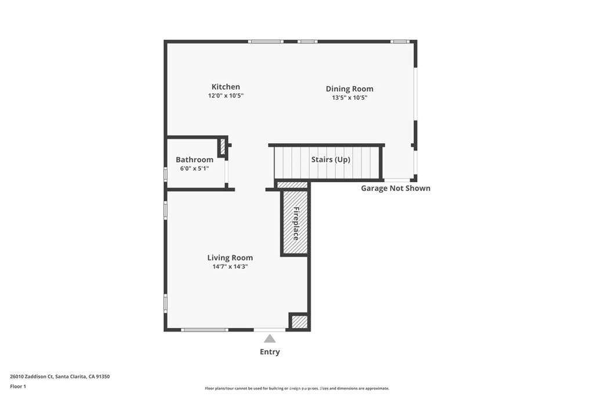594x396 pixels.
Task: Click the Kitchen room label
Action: [x=226, y=87]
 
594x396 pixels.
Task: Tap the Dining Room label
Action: [x=349, y=89]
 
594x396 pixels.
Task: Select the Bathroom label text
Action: [x=194, y=159]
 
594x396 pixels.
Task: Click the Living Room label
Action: [x=230, y=258]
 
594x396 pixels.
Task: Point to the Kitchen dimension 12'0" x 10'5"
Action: [x=226, y=96]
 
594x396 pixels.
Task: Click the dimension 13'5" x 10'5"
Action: [x=349, y=98]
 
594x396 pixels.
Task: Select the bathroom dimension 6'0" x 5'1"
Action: [x=194, y=169]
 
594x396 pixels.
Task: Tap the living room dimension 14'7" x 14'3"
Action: [x=230, y=267]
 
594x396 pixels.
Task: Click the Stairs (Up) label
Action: [x=331, y=159]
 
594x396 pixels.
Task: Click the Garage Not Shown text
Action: [x=396, y=188]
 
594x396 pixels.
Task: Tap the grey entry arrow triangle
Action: [x=270, y=339]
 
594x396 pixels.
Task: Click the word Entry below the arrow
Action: [x=270, y=352]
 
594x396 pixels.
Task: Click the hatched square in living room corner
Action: [x=299, y=322]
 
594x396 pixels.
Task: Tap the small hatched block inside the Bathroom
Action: [x=222, y=147]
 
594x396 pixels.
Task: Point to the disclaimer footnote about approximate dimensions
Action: [x=296, y=388]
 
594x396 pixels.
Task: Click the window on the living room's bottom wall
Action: [x=204, y=330]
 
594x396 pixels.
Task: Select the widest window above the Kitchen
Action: [x=266, y=41]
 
